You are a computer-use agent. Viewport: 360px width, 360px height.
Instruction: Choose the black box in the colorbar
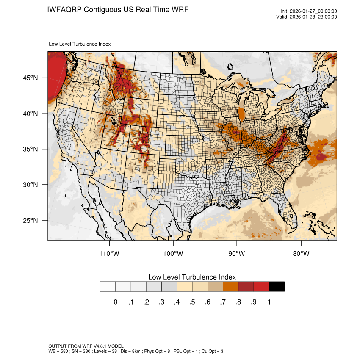277,287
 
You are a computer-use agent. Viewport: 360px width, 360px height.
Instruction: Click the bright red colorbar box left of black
261,287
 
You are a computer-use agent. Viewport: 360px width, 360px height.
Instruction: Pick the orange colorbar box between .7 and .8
231,287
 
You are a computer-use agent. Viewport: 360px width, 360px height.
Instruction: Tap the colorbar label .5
192,302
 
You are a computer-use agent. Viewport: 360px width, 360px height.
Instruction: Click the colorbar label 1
269,302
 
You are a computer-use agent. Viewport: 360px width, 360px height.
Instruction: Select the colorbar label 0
115,302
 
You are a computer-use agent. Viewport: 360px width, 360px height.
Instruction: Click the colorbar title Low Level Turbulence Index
192,277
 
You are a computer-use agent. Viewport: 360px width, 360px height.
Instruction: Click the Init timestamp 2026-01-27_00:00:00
313,11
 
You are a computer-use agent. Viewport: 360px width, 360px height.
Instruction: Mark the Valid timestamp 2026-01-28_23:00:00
313,17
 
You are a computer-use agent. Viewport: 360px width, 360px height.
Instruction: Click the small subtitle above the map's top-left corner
80,44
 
